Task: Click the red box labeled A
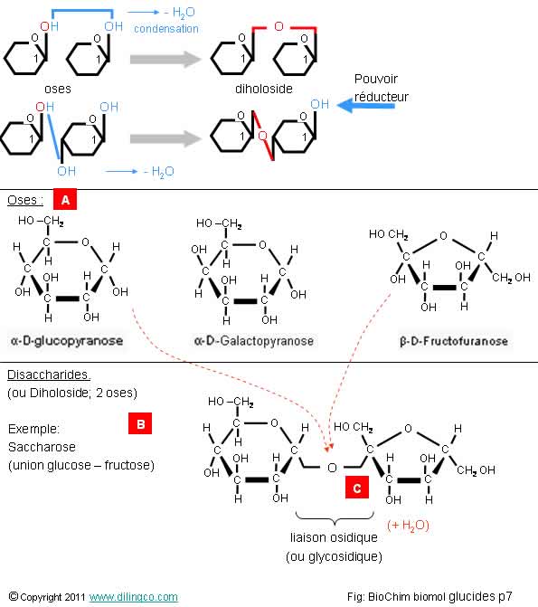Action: point(65,199)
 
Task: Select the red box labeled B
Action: point(140,423)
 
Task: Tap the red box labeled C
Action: point(357,488)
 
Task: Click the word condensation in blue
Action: point(166,29)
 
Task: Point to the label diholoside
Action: point(264,89)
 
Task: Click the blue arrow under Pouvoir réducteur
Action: point(366,105)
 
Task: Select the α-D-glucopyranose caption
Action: point(67,341)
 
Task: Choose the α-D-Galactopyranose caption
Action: point(254,341)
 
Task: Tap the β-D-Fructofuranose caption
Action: point(454,341)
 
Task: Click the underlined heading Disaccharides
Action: point(49,375)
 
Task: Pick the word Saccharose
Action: point(42,447)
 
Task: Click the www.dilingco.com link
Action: point(134,596)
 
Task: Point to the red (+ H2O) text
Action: point(408,525)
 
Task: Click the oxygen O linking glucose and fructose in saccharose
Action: point(332,468)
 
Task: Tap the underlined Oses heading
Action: point(25,200)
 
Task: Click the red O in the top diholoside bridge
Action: point(278,26)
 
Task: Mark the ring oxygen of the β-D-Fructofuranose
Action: point(443,235)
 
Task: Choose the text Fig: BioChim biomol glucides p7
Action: point(429,596)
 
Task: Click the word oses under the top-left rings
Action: point(58,89)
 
